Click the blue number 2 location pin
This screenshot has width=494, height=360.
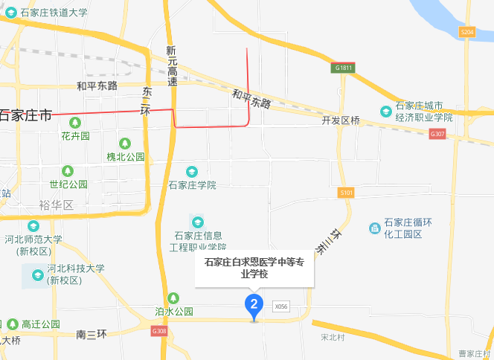click(254, 305)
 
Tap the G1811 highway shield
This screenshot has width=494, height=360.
click(343, 68)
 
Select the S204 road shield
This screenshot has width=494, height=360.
click(467, 32)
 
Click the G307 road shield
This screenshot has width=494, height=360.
click(437, 134)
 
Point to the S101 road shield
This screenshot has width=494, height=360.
click(345, 193)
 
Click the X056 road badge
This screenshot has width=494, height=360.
click(280, 306)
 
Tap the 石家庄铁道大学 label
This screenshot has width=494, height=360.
click(54, 13)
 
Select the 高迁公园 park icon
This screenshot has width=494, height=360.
click(12, 324)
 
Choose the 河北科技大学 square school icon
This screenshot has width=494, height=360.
click(37, 276)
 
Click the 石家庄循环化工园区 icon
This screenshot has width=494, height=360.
click(374, 227)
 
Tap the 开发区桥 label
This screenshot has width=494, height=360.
click(341, 120)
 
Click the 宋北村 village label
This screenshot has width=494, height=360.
click(333, 337)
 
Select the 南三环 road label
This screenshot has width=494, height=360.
click(93, 335)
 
